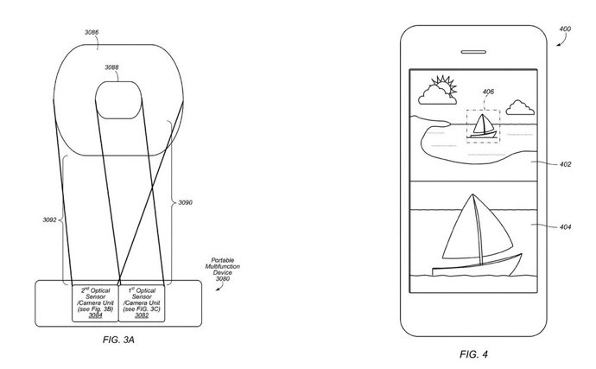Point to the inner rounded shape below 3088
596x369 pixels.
(120, 103)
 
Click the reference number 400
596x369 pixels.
(564, 29)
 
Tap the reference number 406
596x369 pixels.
(488, 92)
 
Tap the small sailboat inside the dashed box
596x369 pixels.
(483, 125)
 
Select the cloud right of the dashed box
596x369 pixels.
(519, 108)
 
